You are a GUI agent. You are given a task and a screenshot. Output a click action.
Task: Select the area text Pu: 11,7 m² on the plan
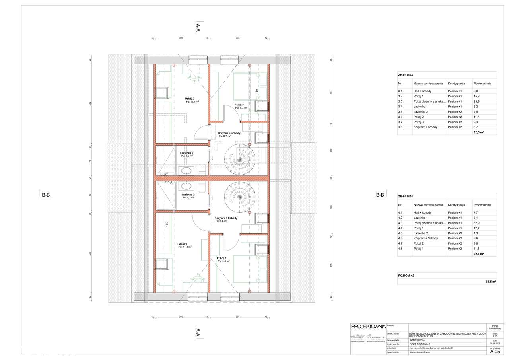point(192,102)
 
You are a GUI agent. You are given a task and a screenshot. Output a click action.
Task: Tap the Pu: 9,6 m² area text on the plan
point(223,261)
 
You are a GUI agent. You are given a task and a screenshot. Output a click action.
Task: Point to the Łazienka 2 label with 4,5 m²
point(187,153)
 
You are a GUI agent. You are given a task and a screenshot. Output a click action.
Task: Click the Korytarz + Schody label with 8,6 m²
point(226,218)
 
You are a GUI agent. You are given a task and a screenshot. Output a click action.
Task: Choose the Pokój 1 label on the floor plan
point(182,243)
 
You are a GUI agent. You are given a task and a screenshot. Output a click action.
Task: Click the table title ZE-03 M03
point(406,75)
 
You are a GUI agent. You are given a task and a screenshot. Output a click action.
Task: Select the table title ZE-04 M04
point(406,196)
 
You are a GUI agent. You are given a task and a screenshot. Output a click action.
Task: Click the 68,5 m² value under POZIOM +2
point(491,282)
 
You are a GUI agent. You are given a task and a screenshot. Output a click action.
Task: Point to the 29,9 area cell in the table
point(477,101)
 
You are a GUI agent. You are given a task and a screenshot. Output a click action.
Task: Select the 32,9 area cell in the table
point(477,223)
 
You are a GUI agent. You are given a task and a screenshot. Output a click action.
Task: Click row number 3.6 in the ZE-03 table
point(400,117)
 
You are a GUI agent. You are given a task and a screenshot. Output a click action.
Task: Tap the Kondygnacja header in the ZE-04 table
point(457,205)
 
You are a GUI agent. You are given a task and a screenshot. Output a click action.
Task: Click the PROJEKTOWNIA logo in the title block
point(368,327)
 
